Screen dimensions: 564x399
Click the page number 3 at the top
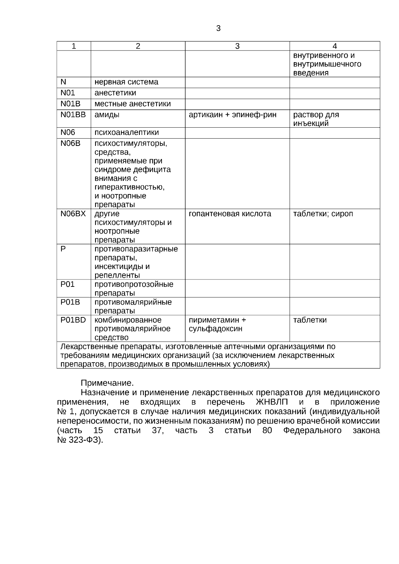click(x=218, y=29)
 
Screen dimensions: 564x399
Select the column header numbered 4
click(x=334, y=46)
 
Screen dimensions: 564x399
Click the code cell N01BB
click(x=73, y=115)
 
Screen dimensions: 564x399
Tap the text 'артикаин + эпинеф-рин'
click(x=232, y=115)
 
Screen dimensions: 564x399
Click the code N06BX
click(x=73, y=214)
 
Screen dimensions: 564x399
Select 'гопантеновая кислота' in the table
click(x=230, y=214)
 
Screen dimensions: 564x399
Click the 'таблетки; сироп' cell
click(x=323, y=214)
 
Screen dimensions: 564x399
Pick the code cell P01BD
click(x=73, y=320)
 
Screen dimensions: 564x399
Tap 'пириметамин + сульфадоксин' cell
click(x=217, y=324)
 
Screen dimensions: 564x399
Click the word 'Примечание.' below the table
click(x=107, y=383)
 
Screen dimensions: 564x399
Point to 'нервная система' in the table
click(x=126, y=82)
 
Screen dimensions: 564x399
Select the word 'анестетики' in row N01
click(x=115, y=93)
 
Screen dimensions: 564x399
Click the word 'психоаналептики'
click(x=127, y=133)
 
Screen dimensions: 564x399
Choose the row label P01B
click(x=70, y=302)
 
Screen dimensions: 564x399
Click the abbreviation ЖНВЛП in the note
click(x=272, y=402)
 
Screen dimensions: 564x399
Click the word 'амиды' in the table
click(x=107, y=115)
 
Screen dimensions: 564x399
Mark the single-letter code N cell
click(x=64, y=82)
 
